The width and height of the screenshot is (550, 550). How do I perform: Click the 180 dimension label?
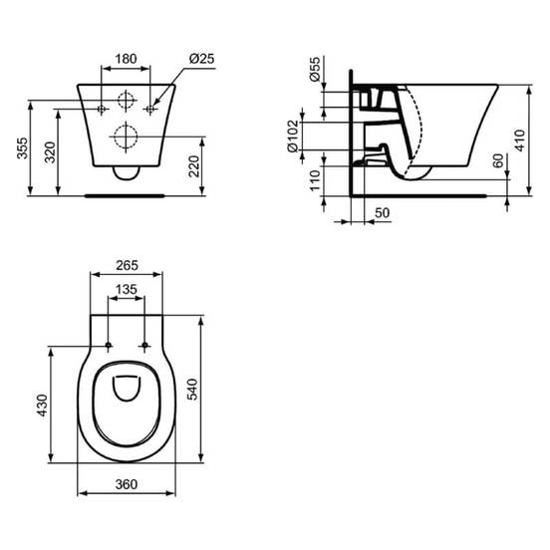(126, 59)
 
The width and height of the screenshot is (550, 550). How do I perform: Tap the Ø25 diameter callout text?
(201, 59)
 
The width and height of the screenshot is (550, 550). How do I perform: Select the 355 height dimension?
(22, 148)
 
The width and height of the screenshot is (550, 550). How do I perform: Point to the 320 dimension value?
(50, 152)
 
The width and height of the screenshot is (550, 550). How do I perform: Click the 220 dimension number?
(193, 166)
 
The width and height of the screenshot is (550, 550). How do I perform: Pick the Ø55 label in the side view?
(315, 69)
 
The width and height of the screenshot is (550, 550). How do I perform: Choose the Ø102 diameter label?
(293, 137)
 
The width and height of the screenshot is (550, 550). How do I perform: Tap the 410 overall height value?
(520, 140)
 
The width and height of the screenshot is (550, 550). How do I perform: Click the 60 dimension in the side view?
(498, 160)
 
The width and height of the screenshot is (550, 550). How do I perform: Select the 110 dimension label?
(315, 180)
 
